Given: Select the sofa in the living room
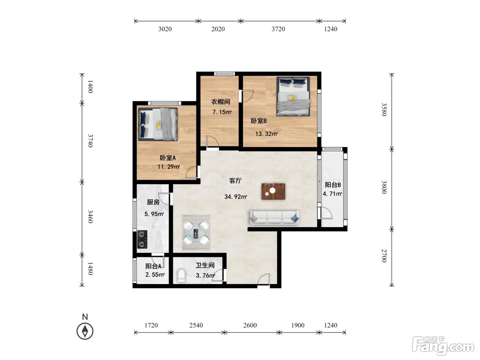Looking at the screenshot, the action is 275,218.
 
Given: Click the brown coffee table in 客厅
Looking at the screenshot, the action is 273,191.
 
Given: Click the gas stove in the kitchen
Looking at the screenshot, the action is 142,239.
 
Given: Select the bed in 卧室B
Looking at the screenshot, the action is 293,96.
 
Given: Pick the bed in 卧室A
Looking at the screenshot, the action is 158,124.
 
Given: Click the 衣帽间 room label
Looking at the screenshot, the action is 220,101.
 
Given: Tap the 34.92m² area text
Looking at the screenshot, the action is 236,197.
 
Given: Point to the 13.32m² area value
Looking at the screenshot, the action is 266,134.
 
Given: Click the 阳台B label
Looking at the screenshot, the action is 333,185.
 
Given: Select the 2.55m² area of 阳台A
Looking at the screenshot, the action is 155,275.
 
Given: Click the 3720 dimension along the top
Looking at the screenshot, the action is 278,29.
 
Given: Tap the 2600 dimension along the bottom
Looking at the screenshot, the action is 250,325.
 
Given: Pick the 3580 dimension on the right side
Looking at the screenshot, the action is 384,109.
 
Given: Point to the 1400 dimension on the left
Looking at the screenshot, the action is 90,87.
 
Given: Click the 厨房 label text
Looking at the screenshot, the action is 153,202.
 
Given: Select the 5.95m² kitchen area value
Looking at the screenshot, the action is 154,214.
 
